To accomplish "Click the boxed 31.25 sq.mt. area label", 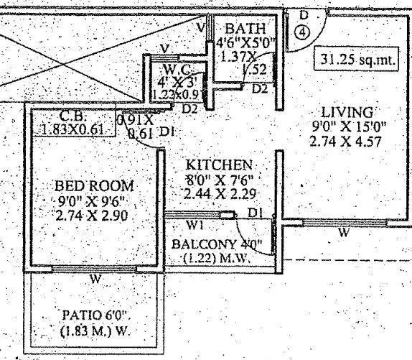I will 357,60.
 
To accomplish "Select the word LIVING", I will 347,112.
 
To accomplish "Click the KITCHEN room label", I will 218,165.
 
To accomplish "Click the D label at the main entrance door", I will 304,15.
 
